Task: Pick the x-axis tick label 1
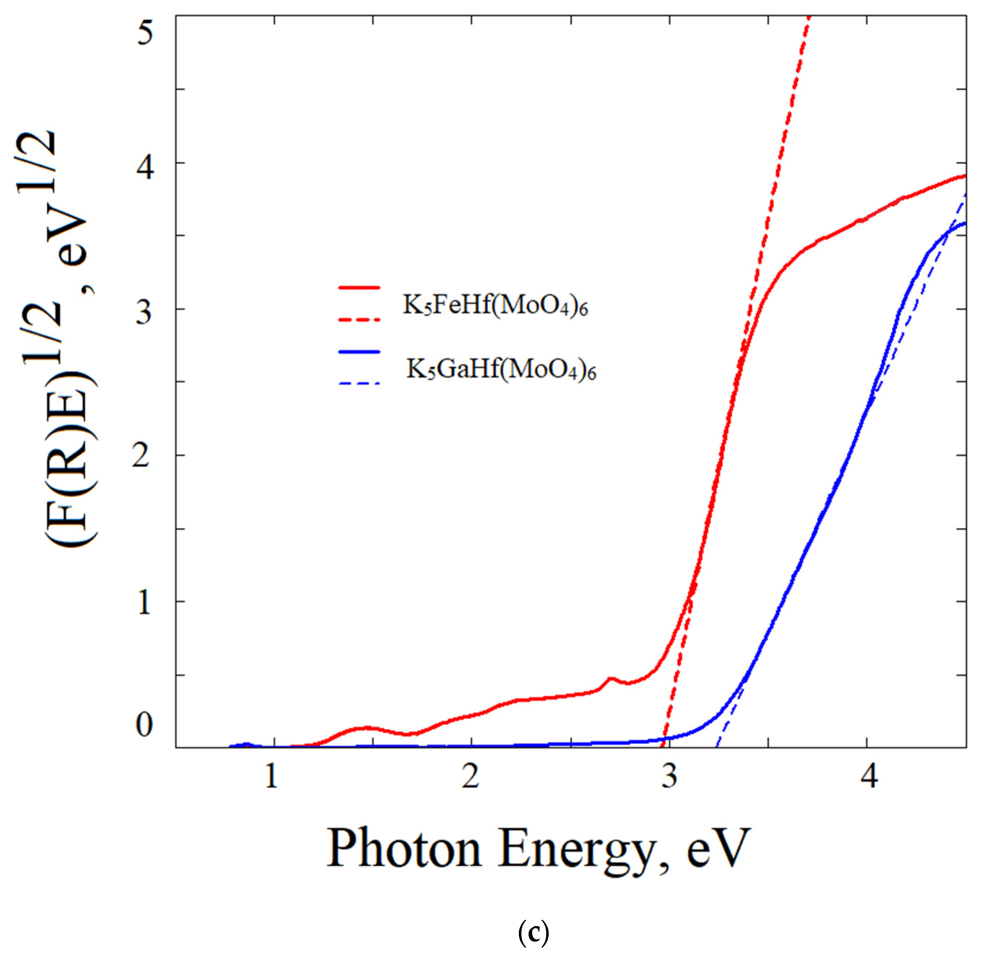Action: [x=272, y=776]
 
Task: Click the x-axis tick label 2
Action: [x=471, y=776]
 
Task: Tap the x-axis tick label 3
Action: [x=669, y=776]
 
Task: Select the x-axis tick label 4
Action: [x=868, y=776]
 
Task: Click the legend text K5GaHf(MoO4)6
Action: [x=501, y=370]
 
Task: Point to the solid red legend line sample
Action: [x=359, y=287]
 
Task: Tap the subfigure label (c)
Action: [x=533, y=934]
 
